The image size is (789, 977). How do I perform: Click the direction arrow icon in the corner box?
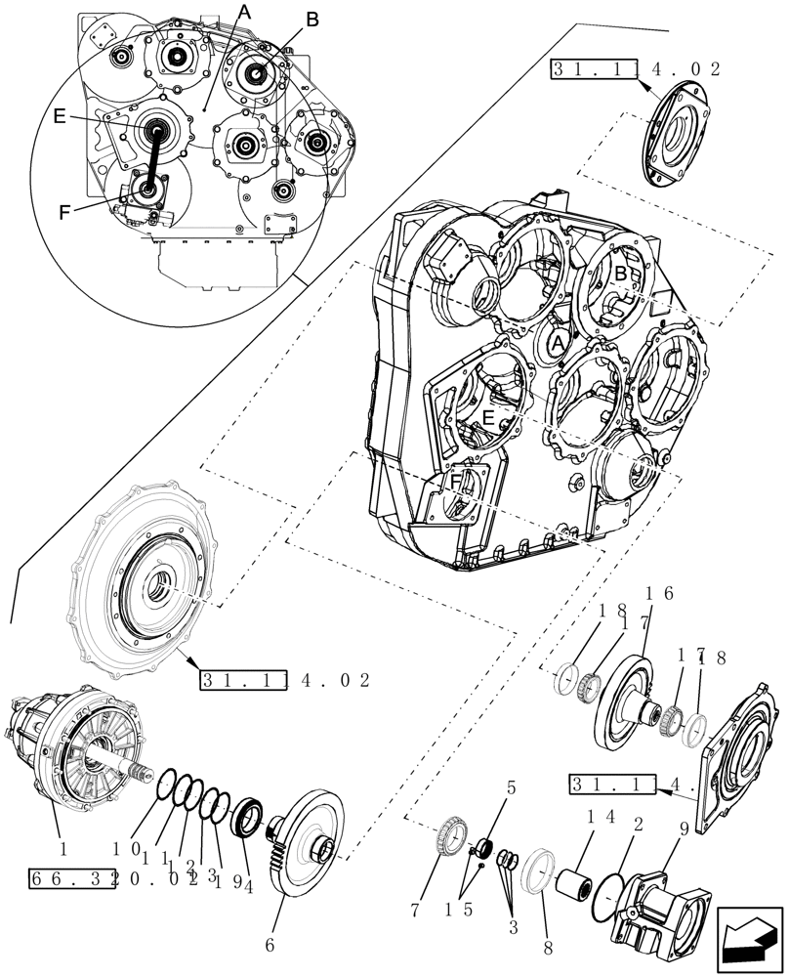[750, 939]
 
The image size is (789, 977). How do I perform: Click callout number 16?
[660, 593]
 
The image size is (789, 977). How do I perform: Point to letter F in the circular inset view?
[65, 210]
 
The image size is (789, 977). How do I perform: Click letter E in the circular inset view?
[60, 116]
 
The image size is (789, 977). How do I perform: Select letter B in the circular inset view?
[311, 19]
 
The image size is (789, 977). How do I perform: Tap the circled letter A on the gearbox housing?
[557, 344]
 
